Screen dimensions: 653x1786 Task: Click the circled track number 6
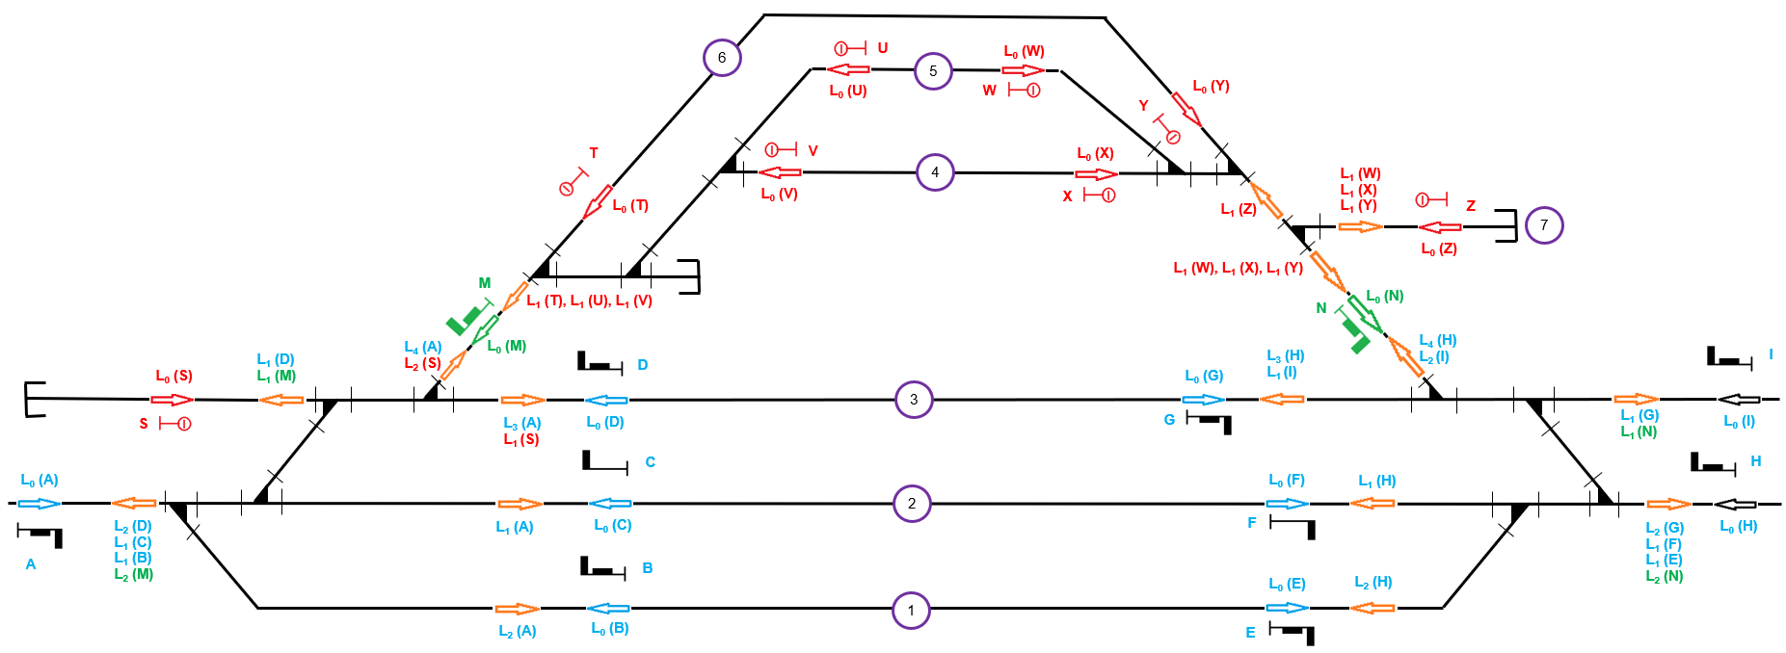(x=721, y=58)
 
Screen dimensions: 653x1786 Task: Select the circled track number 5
(x=932, y=71)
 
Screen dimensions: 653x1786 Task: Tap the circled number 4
(x=934, y=172)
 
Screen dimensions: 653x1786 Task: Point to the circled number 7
(x=1543, y=225)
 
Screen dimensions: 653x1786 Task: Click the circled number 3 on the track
(x=913, y=399)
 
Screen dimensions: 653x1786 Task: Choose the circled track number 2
(x=911, y=503)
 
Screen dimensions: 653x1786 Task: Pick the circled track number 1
(x=910, y=610)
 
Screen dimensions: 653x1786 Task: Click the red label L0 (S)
(x=173, y=377)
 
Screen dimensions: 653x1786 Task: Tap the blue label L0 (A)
(x=40, y=480)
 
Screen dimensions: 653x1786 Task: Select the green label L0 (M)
(x=506, y=347)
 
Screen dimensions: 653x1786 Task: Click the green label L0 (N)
(x=1384, y=297)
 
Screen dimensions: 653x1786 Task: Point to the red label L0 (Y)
(x=1211, y=87)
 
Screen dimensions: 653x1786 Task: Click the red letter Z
(x=1470, y=206)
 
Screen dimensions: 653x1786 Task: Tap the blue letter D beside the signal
(x=642, y=365)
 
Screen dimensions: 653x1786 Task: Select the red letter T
(x=594, y=153)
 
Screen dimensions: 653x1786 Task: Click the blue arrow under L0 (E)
(x=1287, y=608)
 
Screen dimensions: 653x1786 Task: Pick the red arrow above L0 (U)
(x=848, y=69)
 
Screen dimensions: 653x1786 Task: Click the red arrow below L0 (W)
(x=1023, y=70)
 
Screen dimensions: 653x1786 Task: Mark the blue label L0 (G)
(x=1203, y=377)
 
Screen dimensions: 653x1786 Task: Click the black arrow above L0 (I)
(x=1738, y=400)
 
